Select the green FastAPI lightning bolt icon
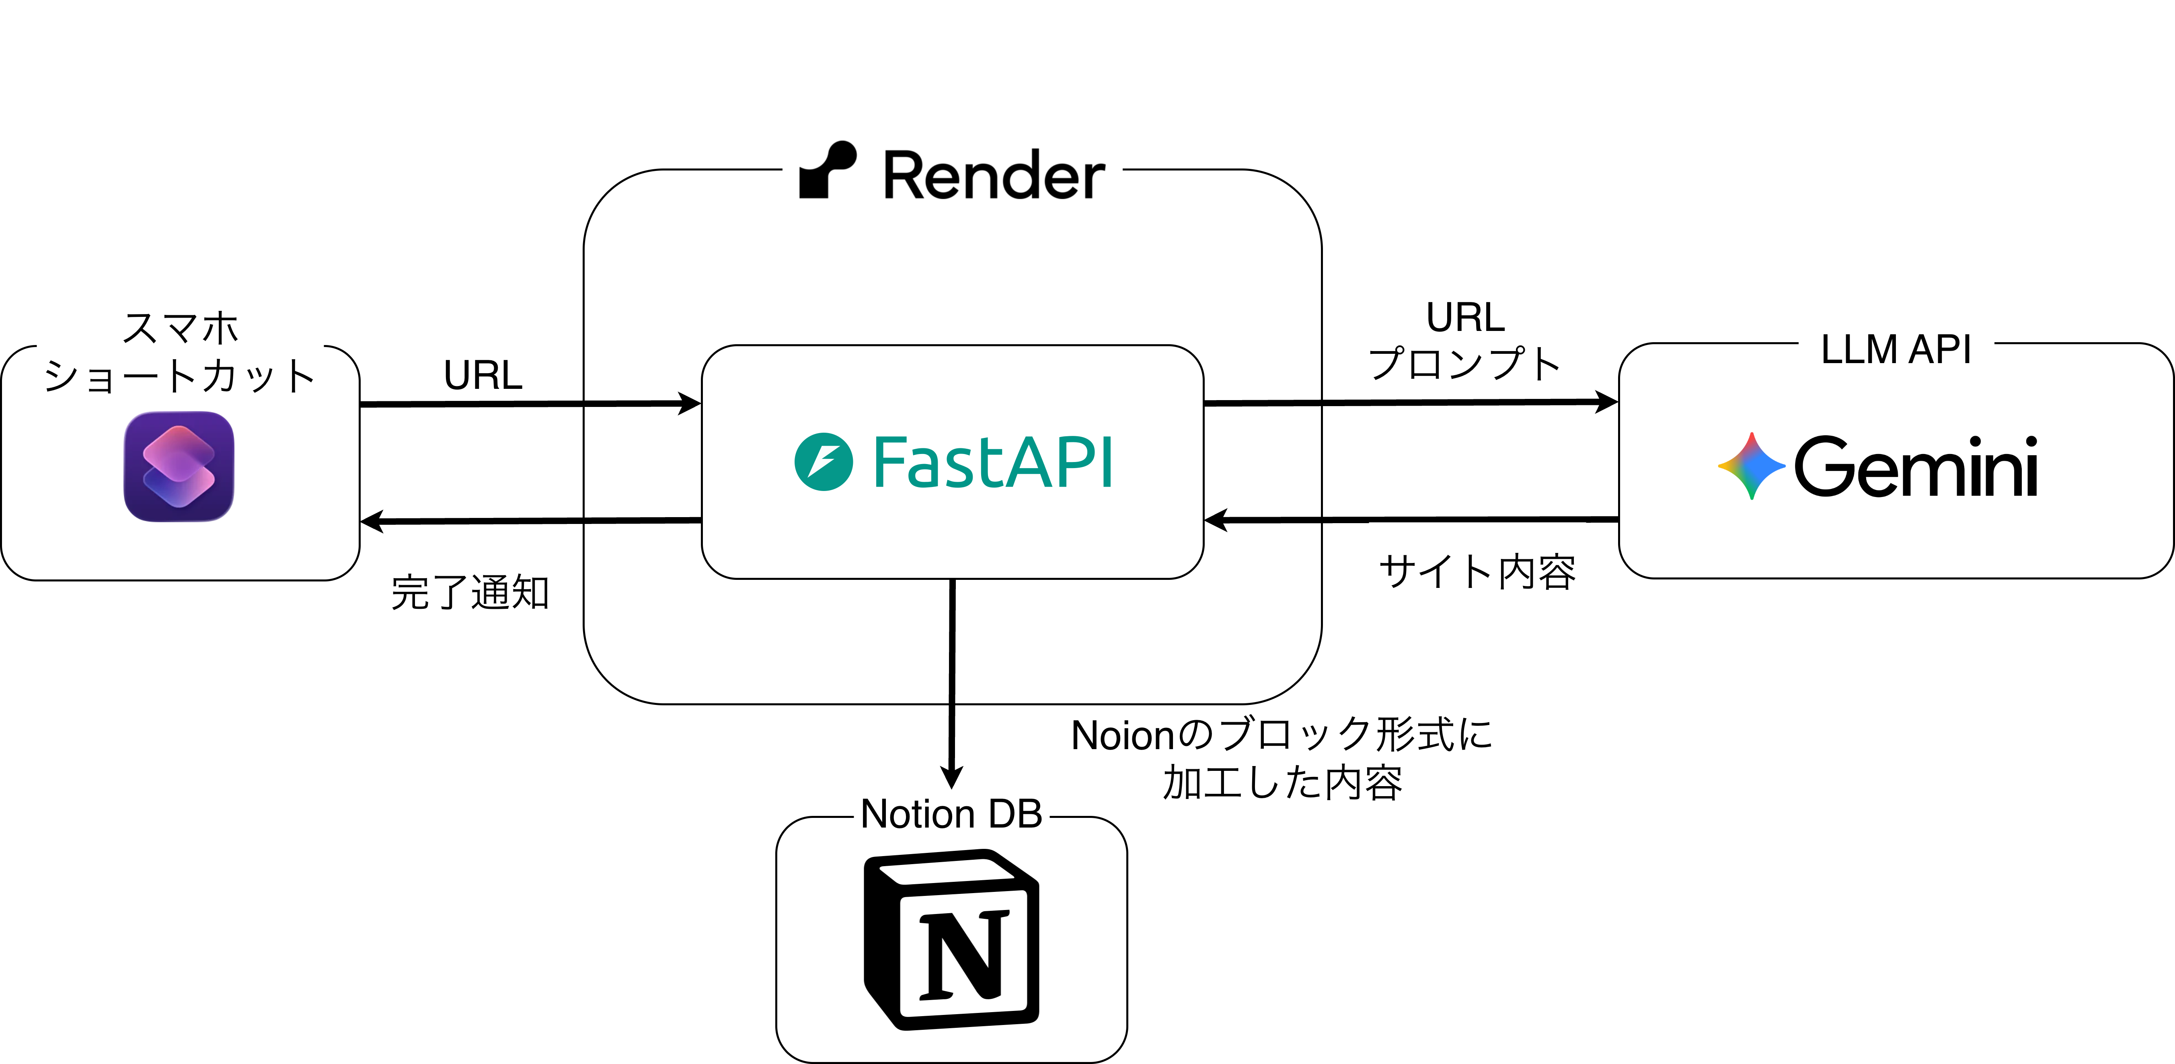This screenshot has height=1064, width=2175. (x=823, y=462)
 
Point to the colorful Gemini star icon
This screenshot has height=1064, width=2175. (x=1751, y=466)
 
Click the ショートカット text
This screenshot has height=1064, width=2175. (x=180, y=376)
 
